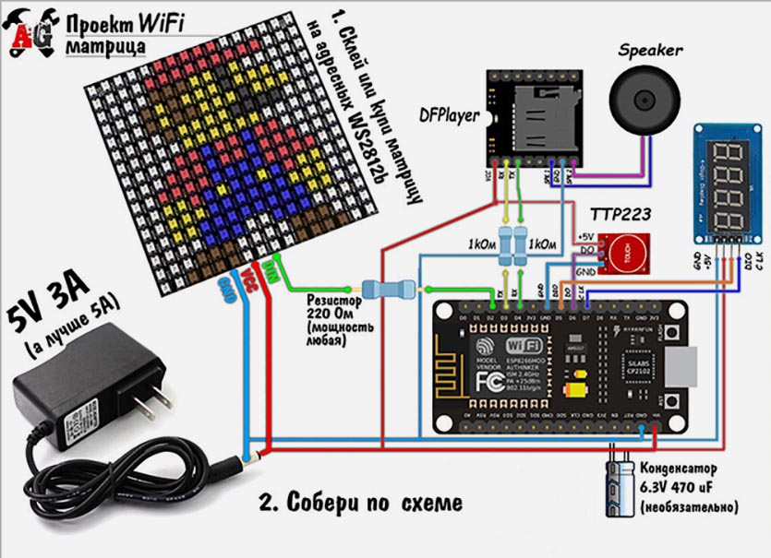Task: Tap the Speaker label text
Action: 650,50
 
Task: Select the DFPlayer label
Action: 449,116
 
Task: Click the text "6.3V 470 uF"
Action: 686,488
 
